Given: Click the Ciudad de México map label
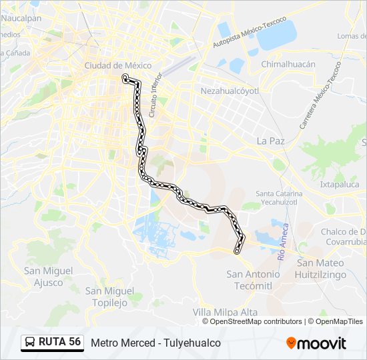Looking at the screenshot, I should coord(117,65).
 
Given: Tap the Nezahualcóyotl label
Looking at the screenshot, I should coord(229,89).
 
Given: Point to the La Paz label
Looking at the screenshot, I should coord(271,141).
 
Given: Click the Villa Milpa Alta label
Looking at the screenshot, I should coord(225,312).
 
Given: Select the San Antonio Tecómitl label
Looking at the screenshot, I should coord(254,279).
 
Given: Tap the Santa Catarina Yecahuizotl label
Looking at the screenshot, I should coord(279,197).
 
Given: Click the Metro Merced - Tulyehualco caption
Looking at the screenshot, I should coord(155,343).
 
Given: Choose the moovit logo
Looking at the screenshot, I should coord(316,343).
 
